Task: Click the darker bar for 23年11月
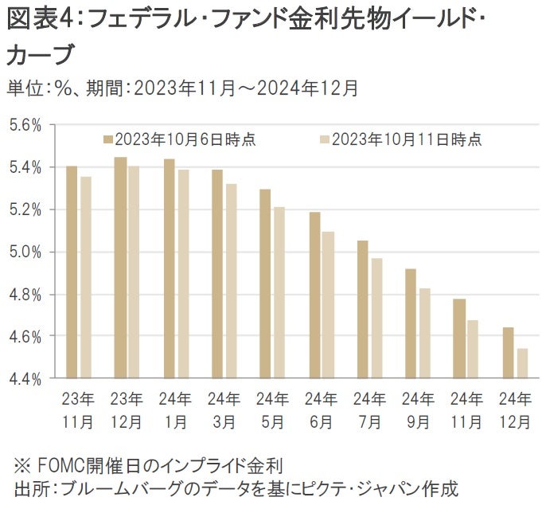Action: tap(72, 272)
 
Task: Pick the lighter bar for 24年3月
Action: tap(231, 281)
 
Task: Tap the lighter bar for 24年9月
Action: tap(424, 333)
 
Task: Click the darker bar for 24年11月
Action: tap(458, 339)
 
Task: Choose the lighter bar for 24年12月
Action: tap(521, 363)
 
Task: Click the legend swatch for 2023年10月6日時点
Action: tap(107, 139)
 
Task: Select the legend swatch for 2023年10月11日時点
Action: tap(324, 139)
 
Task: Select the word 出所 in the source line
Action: tap(27, 487)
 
